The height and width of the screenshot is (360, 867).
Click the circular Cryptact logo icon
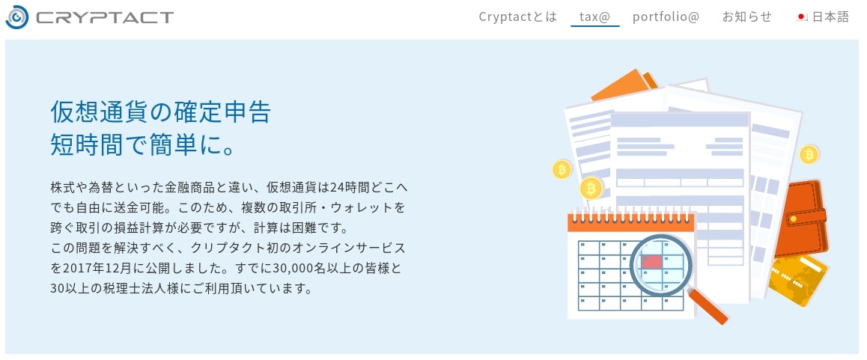tap(16, 17)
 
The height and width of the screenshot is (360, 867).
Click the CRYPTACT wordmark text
tap(105, 18)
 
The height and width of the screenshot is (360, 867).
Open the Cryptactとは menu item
tap(517, 17)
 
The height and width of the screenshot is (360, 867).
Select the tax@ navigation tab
tap(594, 17)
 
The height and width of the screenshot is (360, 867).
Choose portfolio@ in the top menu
tap(666, 17)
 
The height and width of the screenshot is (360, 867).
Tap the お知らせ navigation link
tap(746, 17)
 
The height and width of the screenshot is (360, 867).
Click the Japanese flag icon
tap(802, 17)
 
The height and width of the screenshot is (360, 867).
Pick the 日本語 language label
tap(830, 17)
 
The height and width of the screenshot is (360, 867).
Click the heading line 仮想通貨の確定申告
tap(161, 112)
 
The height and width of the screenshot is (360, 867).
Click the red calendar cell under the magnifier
tap(651, 261)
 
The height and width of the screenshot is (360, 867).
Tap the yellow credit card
tap(798, 279)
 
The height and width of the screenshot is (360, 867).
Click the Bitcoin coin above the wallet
tap(809, 154)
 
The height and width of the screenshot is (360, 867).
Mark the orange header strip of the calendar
tap(631, 223)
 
